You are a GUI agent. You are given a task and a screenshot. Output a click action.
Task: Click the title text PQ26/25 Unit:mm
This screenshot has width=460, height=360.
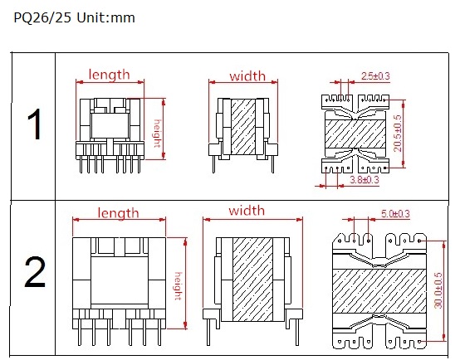[74, 18]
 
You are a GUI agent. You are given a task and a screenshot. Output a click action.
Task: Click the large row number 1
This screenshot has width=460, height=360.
[35, 124]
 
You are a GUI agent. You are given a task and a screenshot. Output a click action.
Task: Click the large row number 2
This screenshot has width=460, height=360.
[35, 272]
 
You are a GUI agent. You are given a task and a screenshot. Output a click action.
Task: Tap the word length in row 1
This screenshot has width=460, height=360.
[109, 74]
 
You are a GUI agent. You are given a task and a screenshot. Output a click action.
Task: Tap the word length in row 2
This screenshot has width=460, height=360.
[118, 212]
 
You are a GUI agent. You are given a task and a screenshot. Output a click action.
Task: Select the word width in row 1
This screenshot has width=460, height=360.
[248, 76]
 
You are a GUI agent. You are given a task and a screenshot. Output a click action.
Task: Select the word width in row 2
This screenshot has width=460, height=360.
[247, 211]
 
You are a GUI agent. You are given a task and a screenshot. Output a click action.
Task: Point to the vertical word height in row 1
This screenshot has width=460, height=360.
[157, 134]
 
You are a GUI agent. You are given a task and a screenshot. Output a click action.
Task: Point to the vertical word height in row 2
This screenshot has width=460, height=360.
[178, 286]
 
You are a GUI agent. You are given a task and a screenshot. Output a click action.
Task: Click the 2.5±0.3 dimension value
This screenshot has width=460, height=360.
[375, 76]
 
